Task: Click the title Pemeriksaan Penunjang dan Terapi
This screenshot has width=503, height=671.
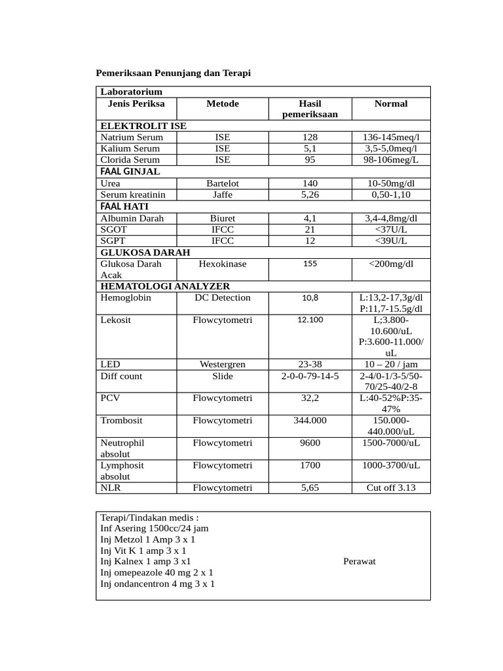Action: [x=174, y=73]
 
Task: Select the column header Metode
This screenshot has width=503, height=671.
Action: [x=222, y=104]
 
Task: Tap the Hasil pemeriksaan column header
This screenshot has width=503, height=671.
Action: [x=310, y=109]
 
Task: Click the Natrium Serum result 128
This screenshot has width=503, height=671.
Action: [x=310, y=138]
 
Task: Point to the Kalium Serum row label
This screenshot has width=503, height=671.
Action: [x=130, y=149]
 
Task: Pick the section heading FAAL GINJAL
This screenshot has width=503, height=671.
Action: [x=130, y=172]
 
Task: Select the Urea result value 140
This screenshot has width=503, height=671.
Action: [x=310, y=183]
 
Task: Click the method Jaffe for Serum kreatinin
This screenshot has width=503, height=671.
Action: [x=222, y=195]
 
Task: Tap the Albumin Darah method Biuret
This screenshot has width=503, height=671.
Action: [x=222, y=218]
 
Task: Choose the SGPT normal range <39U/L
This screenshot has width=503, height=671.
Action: [x=390, y=240]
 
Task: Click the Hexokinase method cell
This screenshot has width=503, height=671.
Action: [x=222, y=263]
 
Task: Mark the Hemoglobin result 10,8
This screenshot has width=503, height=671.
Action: [x=310, y=297]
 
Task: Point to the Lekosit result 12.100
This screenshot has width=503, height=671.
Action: [x=310, y=320]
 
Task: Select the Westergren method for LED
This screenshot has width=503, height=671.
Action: [x=222, y=364]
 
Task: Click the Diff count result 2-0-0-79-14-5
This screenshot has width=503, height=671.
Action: [x=310, y=376]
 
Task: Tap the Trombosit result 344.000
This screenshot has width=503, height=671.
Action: [x=310, y=420]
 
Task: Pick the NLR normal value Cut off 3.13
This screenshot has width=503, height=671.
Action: [x=390, y=488]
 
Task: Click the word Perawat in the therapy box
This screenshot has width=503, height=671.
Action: [x=360, y=562]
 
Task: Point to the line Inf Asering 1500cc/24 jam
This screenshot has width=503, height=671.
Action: [x=155, y=528]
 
